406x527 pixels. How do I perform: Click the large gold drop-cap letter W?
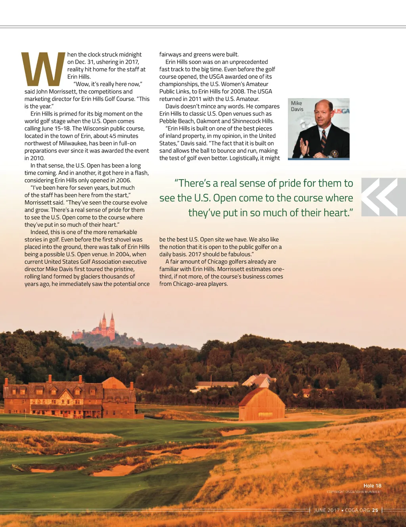pos(43,70)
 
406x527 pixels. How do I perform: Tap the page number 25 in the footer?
pos(375,510)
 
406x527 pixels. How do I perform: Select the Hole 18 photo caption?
pos(372,486)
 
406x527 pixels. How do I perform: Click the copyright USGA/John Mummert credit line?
pos(354,492)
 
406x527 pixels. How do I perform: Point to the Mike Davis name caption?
pos(297,106)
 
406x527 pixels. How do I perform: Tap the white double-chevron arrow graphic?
pos(379,197)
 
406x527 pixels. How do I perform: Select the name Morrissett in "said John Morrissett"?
pos(63,92)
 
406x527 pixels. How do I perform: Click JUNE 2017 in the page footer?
pos(327,510)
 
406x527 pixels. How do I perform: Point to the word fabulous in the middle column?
pos(239,254)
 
